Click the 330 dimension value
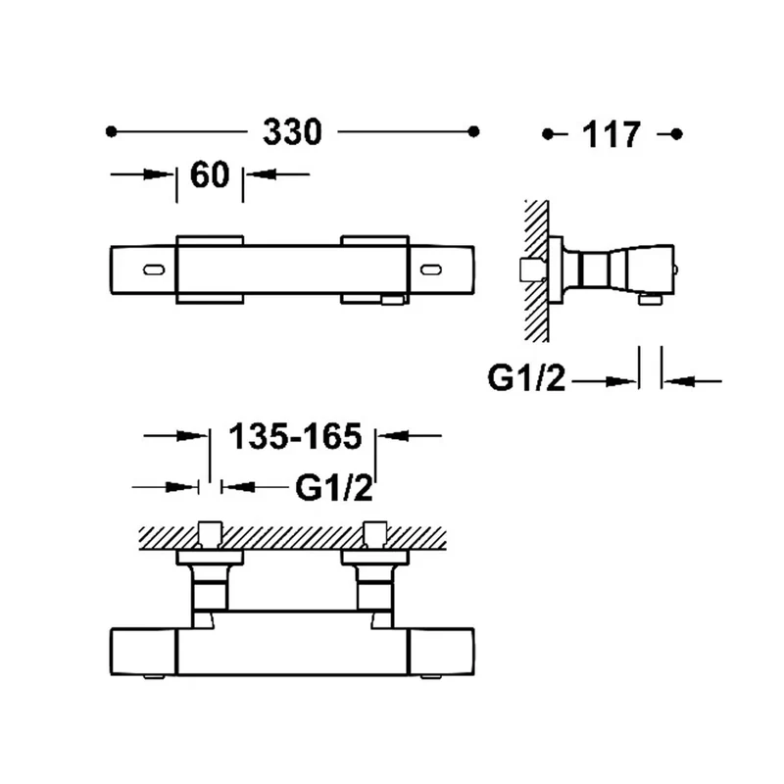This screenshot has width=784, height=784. click(x=292, y=132)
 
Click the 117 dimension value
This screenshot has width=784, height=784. click(x=611, y=134)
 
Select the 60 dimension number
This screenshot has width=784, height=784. click(x=210, y=174)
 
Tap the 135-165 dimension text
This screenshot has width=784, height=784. click(x=295, y=436)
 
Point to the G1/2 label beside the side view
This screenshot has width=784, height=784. click(x=526, y=378)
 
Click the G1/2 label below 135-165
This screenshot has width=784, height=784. click(x=334, y=487)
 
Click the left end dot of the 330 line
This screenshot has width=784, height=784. click(x=111, y=131)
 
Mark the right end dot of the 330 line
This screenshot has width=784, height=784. click(x=474, y=131)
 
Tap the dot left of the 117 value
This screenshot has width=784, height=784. click(x=548, y=134)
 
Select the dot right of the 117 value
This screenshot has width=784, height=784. click(x=676, y=134)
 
